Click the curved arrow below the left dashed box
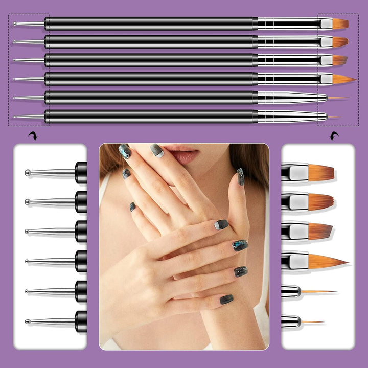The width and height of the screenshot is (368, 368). tap(33, 135)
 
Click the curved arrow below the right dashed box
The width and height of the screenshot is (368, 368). tap(335, 135)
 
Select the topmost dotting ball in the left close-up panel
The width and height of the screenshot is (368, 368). tap(27, 173)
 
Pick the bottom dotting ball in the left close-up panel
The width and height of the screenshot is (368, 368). tap(27, 321)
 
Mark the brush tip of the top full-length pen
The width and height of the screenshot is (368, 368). tap(339, 24)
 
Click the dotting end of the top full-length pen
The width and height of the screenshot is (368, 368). tap(14, 24)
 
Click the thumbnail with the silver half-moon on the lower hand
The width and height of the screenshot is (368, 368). tap(222, 224)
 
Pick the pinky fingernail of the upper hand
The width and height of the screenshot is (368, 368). tap(132, 206)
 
